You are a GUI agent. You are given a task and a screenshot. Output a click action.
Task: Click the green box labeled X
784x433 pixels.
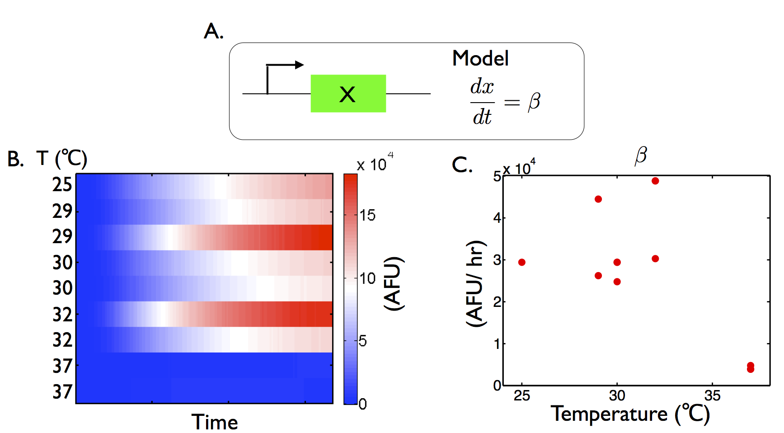348,94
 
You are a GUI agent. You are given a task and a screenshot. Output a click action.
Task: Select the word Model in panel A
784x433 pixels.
480,58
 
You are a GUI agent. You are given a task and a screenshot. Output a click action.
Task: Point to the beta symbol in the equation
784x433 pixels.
534,102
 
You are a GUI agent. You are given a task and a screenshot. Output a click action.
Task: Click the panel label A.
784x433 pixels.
213,32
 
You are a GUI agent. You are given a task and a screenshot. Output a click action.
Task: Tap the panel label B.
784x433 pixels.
15,159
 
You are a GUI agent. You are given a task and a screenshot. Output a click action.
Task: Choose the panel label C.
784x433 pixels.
462,165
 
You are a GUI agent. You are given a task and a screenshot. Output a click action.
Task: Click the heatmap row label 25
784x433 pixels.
62,185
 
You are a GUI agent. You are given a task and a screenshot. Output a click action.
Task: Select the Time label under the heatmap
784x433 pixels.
215,422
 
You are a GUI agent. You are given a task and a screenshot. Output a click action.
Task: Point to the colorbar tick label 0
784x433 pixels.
362,404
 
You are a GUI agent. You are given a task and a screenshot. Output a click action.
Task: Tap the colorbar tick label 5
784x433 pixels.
362,341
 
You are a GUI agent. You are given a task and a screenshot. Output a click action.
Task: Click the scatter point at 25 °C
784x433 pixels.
522,262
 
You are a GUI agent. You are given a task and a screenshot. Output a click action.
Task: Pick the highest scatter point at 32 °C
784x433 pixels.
655,181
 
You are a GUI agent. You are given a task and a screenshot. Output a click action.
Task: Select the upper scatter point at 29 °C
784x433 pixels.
598,199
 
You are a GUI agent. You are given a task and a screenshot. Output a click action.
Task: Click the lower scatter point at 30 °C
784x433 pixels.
617,282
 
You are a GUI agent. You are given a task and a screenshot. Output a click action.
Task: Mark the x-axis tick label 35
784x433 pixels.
712,396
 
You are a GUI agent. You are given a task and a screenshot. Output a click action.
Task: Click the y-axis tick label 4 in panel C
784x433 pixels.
497,218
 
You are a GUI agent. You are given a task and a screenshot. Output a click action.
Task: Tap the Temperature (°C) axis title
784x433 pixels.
630,414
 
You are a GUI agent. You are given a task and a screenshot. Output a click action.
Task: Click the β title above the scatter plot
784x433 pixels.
641,155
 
